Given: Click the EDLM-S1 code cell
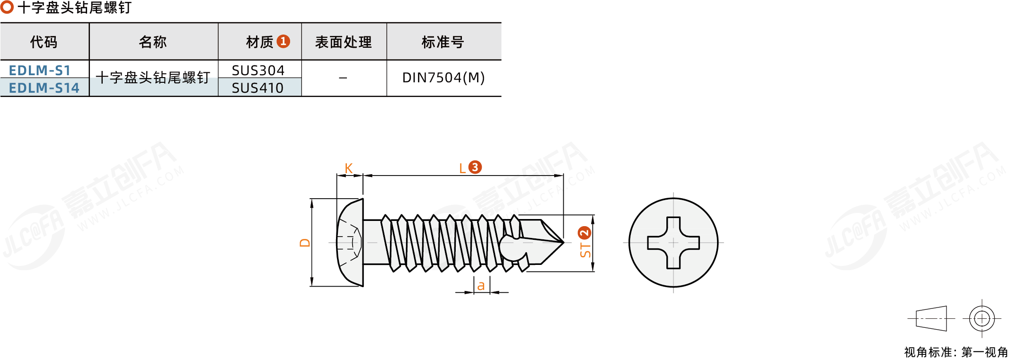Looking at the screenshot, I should [40, 70].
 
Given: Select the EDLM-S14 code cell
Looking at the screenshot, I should [44, 88].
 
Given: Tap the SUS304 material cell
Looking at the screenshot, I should [258, 70].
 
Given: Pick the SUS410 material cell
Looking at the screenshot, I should [258, 88].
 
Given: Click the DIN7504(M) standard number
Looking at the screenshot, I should [443, 78].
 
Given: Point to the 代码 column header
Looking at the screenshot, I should [44, 42].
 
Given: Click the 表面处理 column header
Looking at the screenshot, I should [344, 42].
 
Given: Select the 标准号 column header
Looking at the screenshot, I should [443, 42].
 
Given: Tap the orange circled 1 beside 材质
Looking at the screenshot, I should [283, 41].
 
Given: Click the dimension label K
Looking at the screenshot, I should [348, 168].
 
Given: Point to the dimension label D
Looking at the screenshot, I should [305, 243].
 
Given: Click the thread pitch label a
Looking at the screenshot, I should [481, 286].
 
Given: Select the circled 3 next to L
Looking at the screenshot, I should [475, 167].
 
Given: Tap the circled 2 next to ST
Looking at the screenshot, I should [585, 233].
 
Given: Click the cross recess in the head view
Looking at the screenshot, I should [673, 243].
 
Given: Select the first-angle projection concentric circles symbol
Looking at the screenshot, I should [982, 318].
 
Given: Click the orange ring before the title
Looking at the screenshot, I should [7, 7].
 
